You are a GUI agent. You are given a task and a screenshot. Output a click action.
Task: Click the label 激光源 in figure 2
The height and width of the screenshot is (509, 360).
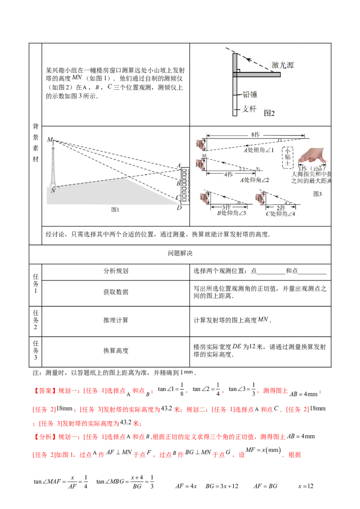[283, 66]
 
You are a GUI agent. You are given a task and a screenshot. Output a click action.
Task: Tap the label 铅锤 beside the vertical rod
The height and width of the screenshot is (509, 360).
[250, 95]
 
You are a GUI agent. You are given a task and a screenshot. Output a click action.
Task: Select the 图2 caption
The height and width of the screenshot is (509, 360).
[269, 113]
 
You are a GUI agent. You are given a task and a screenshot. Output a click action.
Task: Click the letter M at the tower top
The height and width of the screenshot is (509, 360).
[49, 139]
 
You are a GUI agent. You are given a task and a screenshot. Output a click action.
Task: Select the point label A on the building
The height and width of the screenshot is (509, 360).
[179, 166]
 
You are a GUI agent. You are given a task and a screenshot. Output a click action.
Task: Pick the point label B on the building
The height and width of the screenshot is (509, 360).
[178, 183]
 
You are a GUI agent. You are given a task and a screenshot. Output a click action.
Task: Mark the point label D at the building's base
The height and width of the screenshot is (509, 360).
[179, 207]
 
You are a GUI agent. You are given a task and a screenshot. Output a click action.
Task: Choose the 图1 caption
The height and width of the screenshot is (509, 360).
[116, 210]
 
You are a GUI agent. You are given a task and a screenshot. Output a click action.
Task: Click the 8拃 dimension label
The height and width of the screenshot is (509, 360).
[256, 134]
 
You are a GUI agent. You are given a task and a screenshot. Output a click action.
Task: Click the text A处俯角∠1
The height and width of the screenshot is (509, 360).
[259, 150]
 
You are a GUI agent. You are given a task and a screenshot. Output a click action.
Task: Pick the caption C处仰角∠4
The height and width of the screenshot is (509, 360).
[280, 214]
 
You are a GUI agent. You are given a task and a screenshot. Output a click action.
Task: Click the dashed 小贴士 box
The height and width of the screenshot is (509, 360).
[287, 157]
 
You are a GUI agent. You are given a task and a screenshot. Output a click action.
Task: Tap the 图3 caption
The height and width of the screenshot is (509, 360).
[318, 194]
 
